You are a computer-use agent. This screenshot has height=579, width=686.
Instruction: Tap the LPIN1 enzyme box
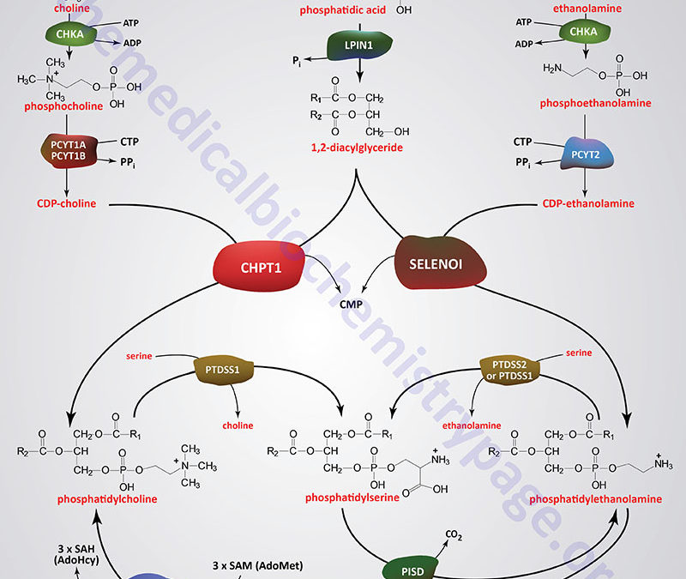[x=359, y=44]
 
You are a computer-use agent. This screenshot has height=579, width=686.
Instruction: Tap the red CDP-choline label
[x=66, y=203]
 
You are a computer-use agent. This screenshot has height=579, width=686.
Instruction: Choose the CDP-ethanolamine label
[x=588, y=203]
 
